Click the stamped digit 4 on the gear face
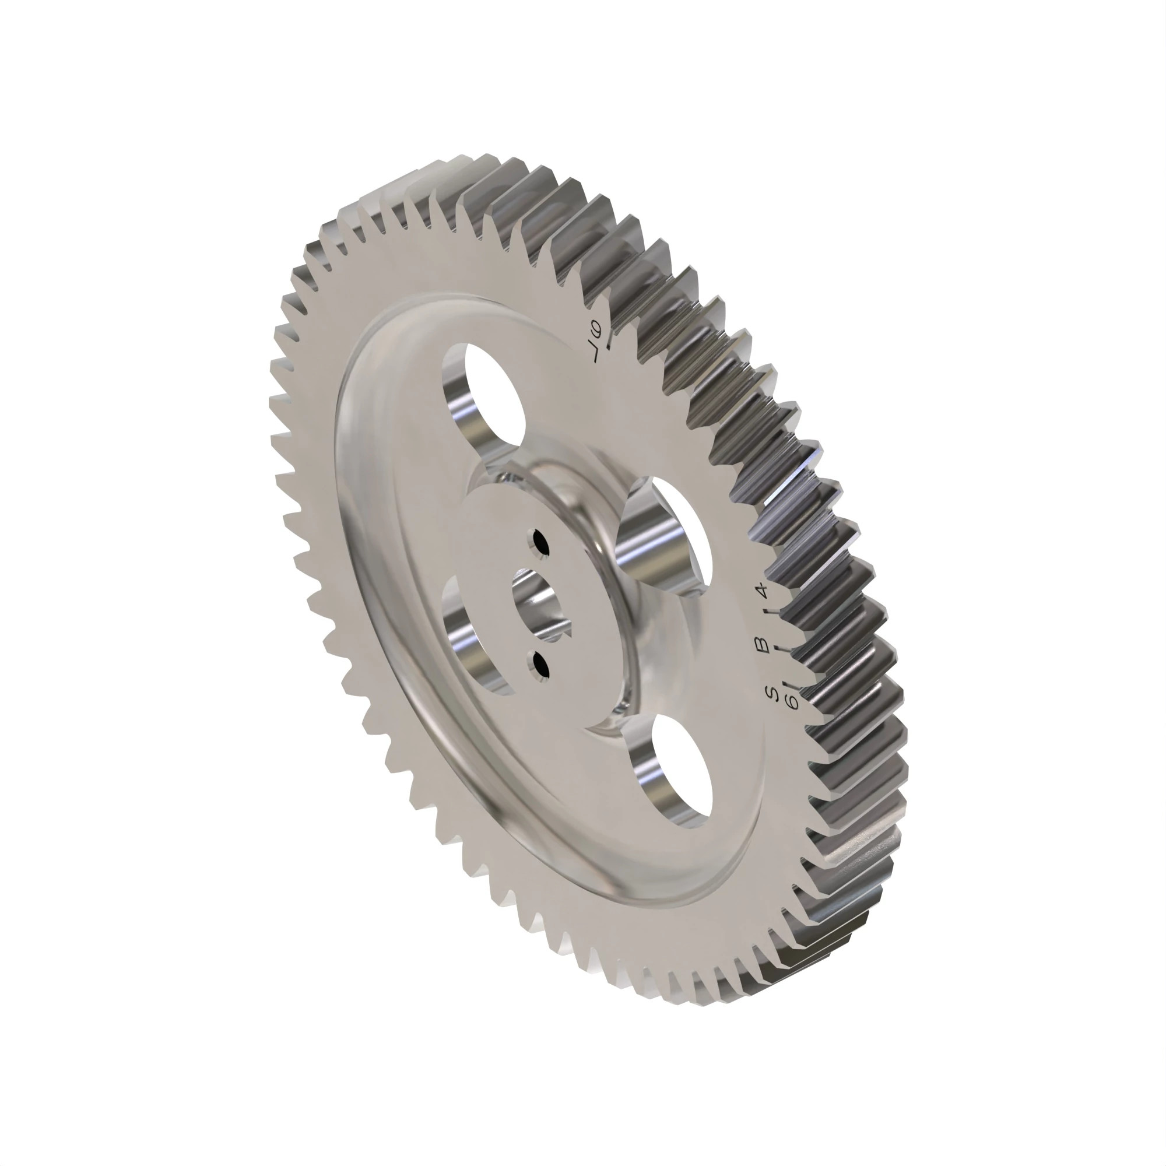[x=761, y=589]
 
